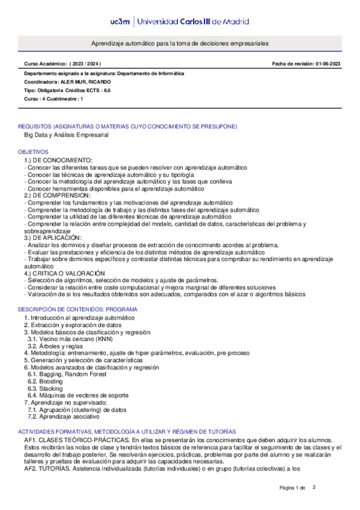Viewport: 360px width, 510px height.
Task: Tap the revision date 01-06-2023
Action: point(327,64)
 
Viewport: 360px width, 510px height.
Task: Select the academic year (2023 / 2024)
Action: point(85,64)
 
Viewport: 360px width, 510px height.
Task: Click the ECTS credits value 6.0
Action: point(106,90)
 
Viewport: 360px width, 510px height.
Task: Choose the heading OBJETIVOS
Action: point(33,152)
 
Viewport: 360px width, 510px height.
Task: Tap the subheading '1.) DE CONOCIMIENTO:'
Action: point(58,160)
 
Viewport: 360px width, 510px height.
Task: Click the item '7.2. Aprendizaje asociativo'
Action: point(64,416)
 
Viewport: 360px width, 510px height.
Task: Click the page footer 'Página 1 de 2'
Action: point(297,487)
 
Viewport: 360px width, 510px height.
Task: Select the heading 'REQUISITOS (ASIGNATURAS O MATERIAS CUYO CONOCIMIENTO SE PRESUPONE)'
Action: point(127,126)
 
